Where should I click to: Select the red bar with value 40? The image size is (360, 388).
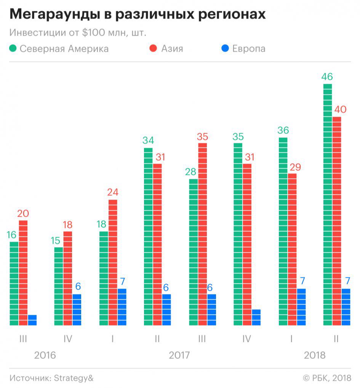tap(337, 221)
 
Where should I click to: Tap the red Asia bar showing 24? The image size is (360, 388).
tap(113, 262)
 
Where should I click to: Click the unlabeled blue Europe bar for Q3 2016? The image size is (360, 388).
tap(32, 320)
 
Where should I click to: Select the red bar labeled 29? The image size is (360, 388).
tap(292, 249)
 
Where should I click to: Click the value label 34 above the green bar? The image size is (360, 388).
tap(148, 141)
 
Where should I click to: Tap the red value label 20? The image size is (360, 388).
tap(23, 214)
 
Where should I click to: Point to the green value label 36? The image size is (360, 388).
tap(283, 131)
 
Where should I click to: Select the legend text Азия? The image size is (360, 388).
tap(172, 49)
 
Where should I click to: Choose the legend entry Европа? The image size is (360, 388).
tap(249, 49)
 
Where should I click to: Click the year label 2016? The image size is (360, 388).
tap(45, 355)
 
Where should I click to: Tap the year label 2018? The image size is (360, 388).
tap(315, 355)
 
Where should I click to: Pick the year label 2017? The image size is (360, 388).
tap(179, 355)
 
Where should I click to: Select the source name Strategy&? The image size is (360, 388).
tap(73, 378)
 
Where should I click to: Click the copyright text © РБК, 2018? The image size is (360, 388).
tap(326, 378)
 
